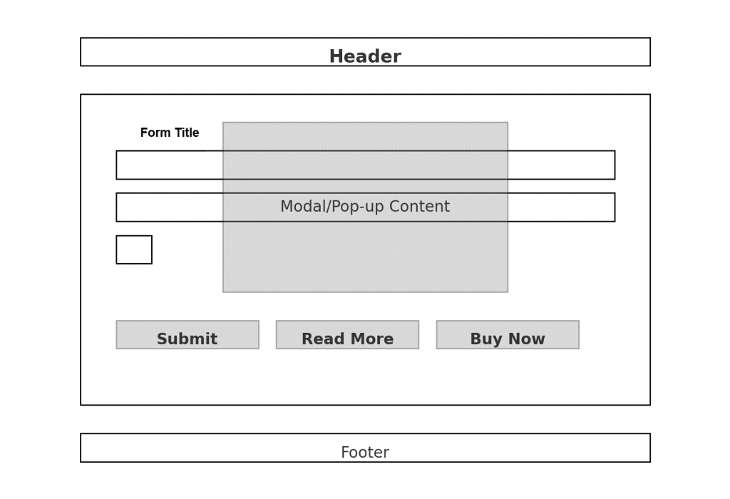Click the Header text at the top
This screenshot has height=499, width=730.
[364, 57]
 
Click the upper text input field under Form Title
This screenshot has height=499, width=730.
[170, 165]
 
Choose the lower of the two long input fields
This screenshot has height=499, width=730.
[170, 207]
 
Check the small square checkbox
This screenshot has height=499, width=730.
[134, 249]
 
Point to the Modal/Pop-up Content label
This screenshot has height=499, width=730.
[364, 207]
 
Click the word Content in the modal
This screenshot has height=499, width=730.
[419, 207]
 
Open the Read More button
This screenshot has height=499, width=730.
[347, 335]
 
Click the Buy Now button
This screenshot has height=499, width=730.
[507, 335]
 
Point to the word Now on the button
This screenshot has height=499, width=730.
[527, 339]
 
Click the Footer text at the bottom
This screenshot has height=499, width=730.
[364, 453]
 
